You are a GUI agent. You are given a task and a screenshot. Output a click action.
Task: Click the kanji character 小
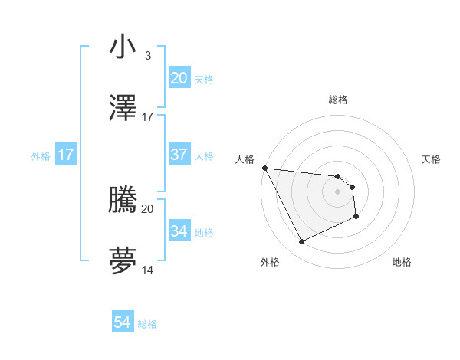pos(123,47)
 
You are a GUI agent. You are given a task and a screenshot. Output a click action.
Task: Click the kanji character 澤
pos(123,110)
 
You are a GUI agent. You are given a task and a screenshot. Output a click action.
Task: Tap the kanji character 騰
pos(123,201)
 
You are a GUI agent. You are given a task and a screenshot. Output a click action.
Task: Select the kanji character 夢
pos(123,262)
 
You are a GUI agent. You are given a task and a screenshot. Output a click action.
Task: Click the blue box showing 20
pos(179,78)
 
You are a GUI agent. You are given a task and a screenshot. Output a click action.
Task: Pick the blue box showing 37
pos(179,155)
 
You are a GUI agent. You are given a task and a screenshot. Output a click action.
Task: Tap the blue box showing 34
pos(179,231)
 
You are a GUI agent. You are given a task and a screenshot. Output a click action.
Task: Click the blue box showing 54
pos(123,323)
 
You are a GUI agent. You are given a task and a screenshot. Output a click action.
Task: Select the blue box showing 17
pos(66,155)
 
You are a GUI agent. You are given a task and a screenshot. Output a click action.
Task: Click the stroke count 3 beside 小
pos(147,55)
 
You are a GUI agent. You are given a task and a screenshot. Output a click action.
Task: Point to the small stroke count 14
pos(147,270)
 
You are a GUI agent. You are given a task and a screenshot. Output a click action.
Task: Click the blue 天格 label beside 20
pos(204,79)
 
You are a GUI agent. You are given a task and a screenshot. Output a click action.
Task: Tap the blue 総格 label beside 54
pos(147,324)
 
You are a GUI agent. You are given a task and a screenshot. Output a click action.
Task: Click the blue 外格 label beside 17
pos(41,155)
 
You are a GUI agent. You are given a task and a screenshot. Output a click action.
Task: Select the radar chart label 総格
pos(337,100)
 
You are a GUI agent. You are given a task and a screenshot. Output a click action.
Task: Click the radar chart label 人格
pos(245,159)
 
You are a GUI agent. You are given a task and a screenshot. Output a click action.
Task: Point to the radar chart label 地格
pos(402,262)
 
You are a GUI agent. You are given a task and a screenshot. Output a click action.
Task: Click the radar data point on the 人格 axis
pos(264,168)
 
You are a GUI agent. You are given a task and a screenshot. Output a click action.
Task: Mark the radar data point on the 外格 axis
pos(301,242)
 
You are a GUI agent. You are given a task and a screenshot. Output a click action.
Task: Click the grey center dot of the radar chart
pos(337,191)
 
